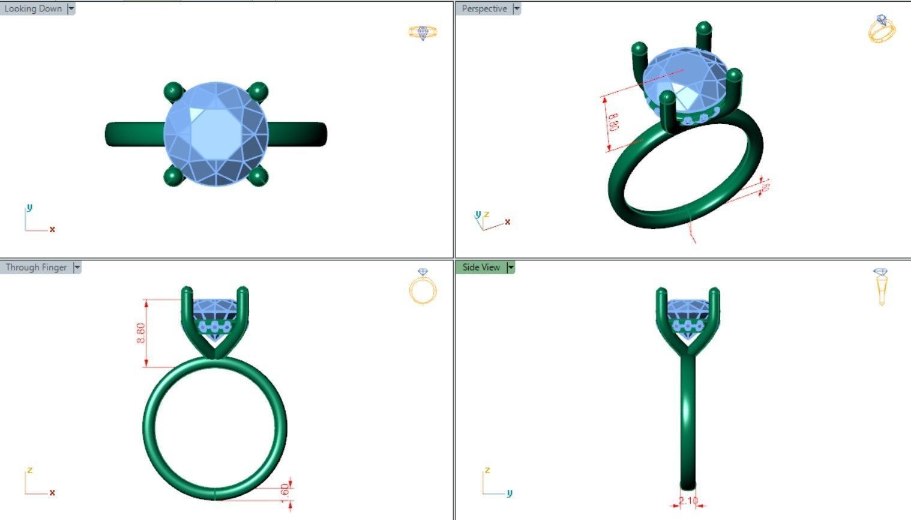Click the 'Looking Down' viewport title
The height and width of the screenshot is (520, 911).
click(33, 8)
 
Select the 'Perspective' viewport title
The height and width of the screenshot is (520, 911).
click(484, 8)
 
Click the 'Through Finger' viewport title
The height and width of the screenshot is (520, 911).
click(36, 267)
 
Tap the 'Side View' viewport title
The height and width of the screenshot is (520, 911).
click(481, 267)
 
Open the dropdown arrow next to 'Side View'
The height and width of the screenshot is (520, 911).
click(511, 267)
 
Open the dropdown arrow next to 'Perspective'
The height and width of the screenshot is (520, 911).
click(517, 8)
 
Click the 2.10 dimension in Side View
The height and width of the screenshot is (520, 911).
click(688, 501)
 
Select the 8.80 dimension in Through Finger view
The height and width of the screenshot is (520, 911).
click(141, 333)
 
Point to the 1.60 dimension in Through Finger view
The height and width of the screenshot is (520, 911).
click(285, 489)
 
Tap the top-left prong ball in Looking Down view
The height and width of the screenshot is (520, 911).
click(173, 91)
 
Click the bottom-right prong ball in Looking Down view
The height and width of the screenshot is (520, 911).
click(257, 176)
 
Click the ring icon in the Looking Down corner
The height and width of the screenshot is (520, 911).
click(422, 32)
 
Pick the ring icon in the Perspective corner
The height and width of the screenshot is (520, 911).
click(881, 29)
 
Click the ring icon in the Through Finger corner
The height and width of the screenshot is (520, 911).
click(422, 287)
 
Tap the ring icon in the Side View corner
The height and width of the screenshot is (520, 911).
click(880, 287)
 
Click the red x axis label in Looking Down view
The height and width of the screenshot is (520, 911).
click(52, 230)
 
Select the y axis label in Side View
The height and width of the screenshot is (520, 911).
click(510, 493)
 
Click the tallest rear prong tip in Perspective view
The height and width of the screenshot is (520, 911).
click(703, 28)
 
